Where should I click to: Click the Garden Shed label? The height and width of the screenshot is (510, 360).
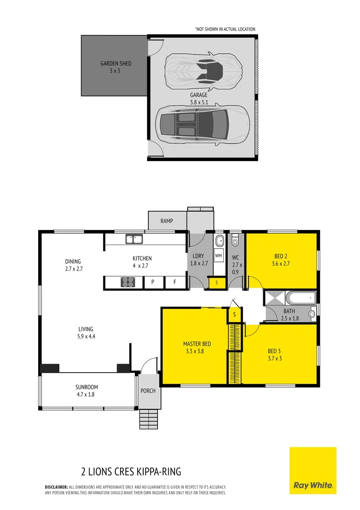pos(116,67)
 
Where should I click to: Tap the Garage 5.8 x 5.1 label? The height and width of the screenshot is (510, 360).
pos(198,98)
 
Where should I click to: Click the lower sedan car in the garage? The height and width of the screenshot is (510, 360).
pos(202,124)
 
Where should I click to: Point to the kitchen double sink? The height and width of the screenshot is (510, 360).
pos(134,239)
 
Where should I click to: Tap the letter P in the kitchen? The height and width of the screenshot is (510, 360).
pos(153,282)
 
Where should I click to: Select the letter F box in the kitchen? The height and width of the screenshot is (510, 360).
pos(174,282)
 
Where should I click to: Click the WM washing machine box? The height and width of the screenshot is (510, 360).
pos(218,255)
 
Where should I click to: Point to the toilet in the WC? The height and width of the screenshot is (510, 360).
pos(236,242)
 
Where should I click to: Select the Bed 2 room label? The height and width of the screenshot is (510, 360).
pos(281,260)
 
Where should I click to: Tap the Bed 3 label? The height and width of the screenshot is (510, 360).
pos(275,354)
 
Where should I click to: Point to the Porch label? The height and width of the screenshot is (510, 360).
pos(148,391)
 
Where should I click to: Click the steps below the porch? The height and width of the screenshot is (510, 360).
pos(148,418)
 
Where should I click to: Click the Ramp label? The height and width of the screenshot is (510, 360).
pos(167,221)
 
